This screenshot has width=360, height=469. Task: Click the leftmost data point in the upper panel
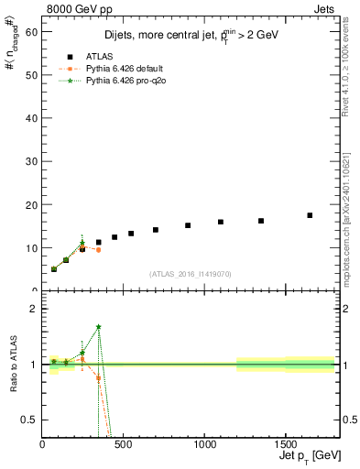tap(54, 269)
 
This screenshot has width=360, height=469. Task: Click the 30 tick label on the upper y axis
tap(34, 161)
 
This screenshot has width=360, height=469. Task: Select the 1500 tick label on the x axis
tap(285, 445)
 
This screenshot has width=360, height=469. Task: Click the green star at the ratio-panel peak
tap(98, 327)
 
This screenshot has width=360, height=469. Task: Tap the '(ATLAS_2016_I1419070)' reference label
tap(190, 273)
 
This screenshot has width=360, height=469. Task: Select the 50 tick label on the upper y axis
tap(34, 75)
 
